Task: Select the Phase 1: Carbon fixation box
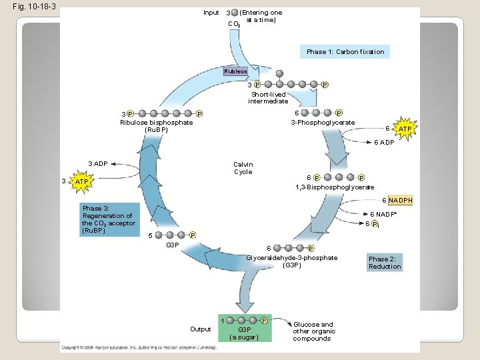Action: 345,51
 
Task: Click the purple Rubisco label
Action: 235,71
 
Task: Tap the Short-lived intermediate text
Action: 268,98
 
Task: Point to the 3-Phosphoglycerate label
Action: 323,122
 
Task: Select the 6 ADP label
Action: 383,142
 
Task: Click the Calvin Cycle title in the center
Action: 243,168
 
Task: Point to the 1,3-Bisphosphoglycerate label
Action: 334,187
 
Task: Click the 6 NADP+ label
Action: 383,214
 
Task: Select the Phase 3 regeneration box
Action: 109,219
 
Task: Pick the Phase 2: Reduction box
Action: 385,263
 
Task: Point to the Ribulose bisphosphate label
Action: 156,126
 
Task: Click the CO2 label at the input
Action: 233,24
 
